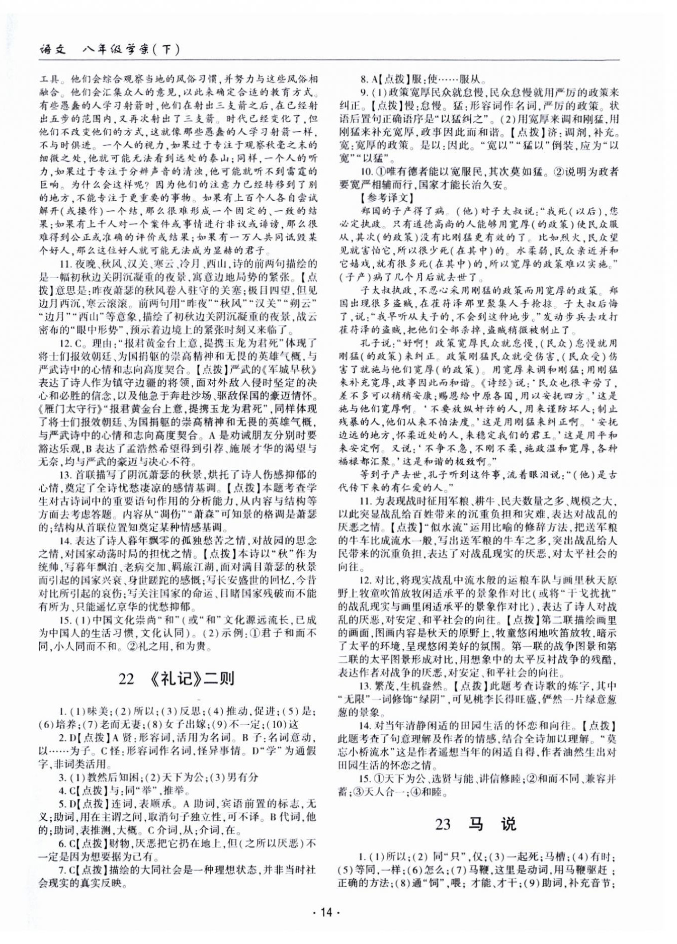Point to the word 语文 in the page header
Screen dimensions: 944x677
(x=53, y=49)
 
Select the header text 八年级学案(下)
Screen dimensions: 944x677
(x=130, y=49)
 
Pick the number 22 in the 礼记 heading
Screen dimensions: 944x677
(x=126, y=679)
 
